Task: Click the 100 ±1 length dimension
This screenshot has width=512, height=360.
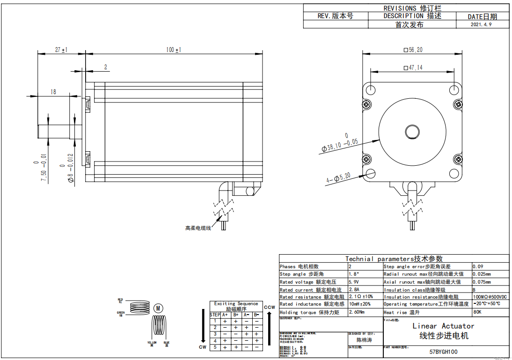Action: click(x=173, y=50)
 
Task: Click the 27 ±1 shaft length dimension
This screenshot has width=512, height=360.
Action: click(x=61, y=50)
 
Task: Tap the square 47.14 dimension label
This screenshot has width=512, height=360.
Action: click(x=412, y=67)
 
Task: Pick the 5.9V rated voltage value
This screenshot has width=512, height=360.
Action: click(x=354, y=282)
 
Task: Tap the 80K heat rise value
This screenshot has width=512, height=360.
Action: click(x=477, y=312)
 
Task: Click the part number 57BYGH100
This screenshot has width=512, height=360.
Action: click(x=443, y=352)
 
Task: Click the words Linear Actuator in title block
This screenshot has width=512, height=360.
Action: click(x=443, y=326)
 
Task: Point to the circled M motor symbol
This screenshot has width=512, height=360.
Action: click(x=158, y=308)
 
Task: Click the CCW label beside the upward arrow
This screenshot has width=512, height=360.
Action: click(x=270, y=307)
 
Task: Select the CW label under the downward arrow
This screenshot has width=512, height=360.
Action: click(x=202, y=347)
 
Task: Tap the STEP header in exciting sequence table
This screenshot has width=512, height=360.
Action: click(x=215, y=315)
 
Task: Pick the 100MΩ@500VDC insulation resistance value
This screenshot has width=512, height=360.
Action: click(x=490, y=297)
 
